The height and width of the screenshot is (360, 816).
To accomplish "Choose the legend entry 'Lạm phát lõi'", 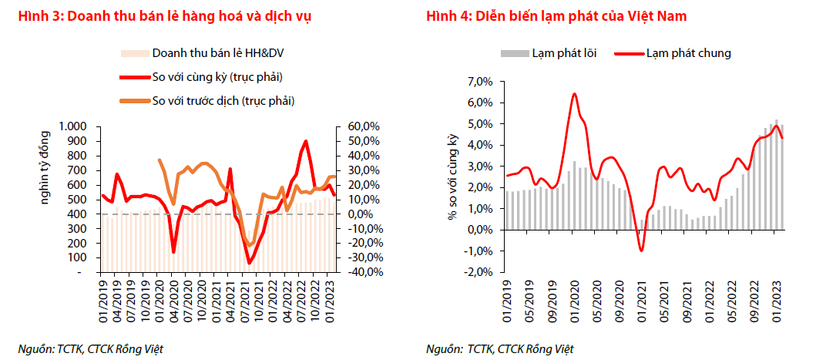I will pos(559,53).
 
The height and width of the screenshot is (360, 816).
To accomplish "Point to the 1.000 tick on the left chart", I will pos(74,126).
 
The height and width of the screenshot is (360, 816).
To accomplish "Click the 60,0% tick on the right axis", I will pos(359,126).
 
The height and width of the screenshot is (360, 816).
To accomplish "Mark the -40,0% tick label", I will pos(358,272).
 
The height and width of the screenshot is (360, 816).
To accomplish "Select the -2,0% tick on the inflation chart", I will pos(478,272).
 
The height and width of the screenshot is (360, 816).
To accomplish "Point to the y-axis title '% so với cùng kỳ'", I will pos(453,177).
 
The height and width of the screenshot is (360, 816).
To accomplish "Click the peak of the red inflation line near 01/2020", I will pos(574,94).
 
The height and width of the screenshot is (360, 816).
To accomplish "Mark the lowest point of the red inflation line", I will pos(641,251).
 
